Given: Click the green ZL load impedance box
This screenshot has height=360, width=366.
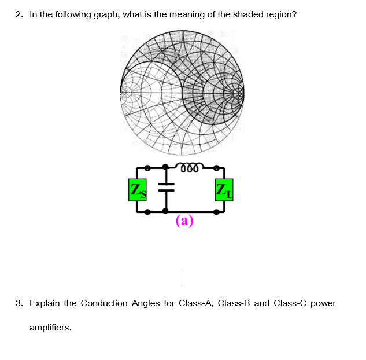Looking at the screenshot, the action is [x=223, y=190].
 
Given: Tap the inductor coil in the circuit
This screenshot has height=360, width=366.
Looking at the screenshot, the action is [x=190, y=168].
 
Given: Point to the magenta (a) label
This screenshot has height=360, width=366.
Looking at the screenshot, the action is [x=184, y=221].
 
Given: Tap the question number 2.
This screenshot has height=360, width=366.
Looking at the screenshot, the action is [x=19, y=14].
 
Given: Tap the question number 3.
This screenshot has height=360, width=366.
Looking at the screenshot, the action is [x=19, y=303].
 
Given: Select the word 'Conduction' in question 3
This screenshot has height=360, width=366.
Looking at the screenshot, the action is [x=105, y=303].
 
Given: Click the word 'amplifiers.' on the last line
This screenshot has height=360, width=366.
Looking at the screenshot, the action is [x=50, y=328].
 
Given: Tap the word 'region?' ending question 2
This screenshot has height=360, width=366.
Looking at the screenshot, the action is [x=282, y=14].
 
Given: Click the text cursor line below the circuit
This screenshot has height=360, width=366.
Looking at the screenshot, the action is [x=183, y=279].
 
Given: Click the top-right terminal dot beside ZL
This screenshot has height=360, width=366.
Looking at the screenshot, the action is [x=216, y=168].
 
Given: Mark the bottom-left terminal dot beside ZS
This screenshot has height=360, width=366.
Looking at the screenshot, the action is [x=148, y=212].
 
